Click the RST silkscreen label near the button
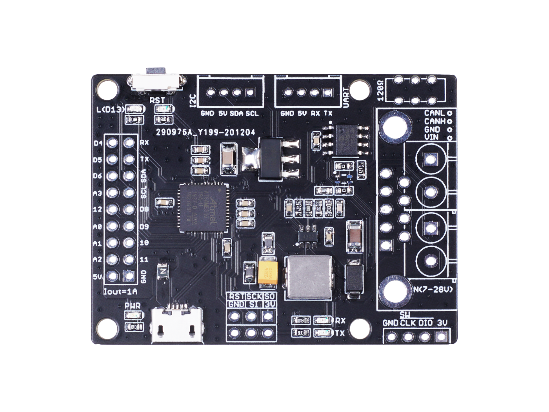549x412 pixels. click(157, 100)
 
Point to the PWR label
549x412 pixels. click(132, 306)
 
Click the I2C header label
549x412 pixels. click(193, 100)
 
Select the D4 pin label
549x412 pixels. click(98, 143)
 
